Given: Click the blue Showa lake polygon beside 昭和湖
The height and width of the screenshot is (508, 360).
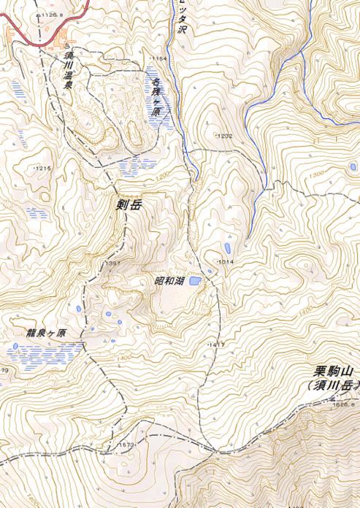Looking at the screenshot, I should [x=195, y=280].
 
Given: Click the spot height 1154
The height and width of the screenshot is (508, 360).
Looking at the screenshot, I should [x=159, y=58].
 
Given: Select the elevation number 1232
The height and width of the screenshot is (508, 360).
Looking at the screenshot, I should [x=224, y=136].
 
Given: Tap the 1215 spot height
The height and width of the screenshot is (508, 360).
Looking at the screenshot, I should [x=44, y=169].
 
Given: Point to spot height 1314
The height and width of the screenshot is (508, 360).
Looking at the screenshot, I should [x=224, y=261].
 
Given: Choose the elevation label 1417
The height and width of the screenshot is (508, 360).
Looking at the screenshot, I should [x=215, y=344].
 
